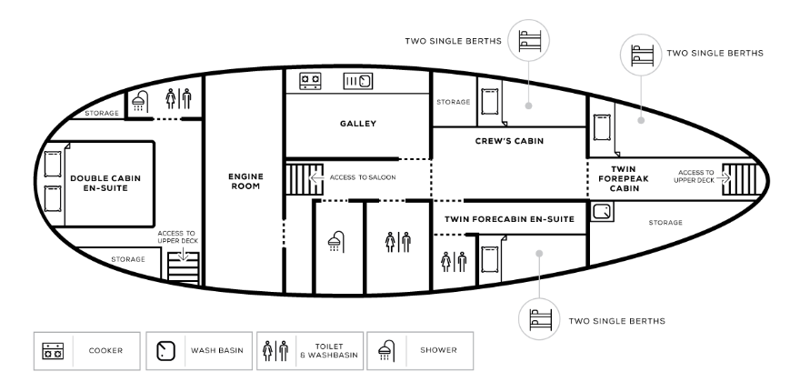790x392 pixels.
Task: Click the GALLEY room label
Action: pos(358,124)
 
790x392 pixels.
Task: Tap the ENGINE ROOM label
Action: pos(245,178)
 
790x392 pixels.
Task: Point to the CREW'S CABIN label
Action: pos(508,142)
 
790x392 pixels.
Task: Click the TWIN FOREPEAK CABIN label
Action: pos(624,178)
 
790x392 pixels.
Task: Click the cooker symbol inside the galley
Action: pos(310,82)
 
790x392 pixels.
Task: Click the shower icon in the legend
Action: pos(385,349)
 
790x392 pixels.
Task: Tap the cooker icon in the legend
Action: pos(52,349)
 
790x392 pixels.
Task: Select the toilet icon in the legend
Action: pos(275,349)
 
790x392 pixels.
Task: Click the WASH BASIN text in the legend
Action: pos(215,349)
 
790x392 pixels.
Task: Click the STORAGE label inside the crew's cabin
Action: pos(451,102)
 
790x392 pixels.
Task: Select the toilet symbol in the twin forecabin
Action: pos(452,261)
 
